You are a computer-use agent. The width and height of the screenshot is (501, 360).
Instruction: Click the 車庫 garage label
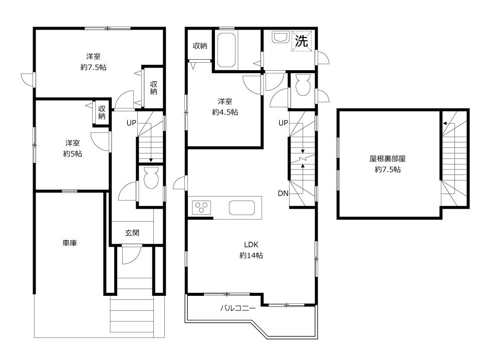point(70,243)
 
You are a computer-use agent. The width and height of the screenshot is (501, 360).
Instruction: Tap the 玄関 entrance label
point(132,233)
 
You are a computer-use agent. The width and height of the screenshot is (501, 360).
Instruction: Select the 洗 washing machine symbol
point(301,41)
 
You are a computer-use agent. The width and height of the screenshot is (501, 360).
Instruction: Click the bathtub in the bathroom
point(228,50)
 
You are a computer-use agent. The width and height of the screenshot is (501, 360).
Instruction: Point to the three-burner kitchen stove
point(202,207)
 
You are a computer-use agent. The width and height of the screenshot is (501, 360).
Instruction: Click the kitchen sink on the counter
point(242,207)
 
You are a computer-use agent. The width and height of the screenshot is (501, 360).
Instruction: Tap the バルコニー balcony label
point(238,308)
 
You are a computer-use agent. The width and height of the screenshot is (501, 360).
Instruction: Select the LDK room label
point(250,245)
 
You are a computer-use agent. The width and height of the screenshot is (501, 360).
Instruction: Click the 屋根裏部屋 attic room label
point(387,158)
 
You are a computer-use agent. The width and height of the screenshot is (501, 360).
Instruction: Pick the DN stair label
point(283,194)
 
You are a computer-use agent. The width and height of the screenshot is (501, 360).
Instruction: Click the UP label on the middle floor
point(283,123)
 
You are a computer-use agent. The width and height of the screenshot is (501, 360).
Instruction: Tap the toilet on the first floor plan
point(151,177)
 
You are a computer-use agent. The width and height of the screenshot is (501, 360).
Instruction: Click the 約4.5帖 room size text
point(225,112)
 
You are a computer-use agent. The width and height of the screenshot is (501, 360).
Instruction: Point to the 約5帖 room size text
point(73,154)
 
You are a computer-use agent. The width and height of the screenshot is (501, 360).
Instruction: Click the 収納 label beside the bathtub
point(200,46)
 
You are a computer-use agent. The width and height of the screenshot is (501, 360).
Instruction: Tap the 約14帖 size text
point(251,255)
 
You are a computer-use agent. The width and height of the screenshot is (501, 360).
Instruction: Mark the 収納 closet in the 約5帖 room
point(102,113)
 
